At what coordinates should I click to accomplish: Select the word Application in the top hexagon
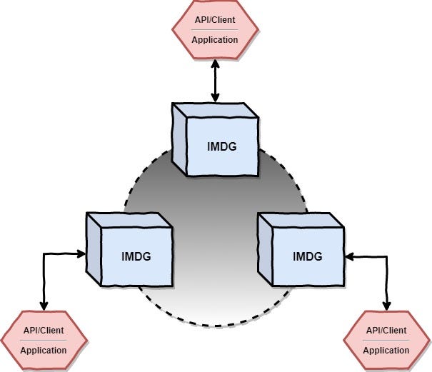[x=215, y=39]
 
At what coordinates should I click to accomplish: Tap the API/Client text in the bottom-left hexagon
[x=44, y=331]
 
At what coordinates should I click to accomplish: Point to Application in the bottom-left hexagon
[x=44, y=350]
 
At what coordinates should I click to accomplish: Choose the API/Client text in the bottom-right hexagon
[x=386, y=331]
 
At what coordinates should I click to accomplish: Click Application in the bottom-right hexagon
[x=386, y=350]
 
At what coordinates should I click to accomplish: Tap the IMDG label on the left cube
[x=136, y=255]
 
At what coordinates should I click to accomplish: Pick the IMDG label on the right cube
[x=307, y=255]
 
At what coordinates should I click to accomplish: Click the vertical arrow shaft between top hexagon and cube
[x=215, y=80]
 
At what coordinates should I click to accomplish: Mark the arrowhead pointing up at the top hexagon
[x=215, y=64]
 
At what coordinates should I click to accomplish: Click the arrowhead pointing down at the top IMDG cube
[x=215, y=97]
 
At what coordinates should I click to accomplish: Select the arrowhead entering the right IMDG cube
[x=348, y=254]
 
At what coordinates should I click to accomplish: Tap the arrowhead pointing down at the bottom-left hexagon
[x=44, y=306]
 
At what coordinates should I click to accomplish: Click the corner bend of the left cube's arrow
[x=44, y=253]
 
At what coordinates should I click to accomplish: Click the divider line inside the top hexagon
[x=215, y=30]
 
